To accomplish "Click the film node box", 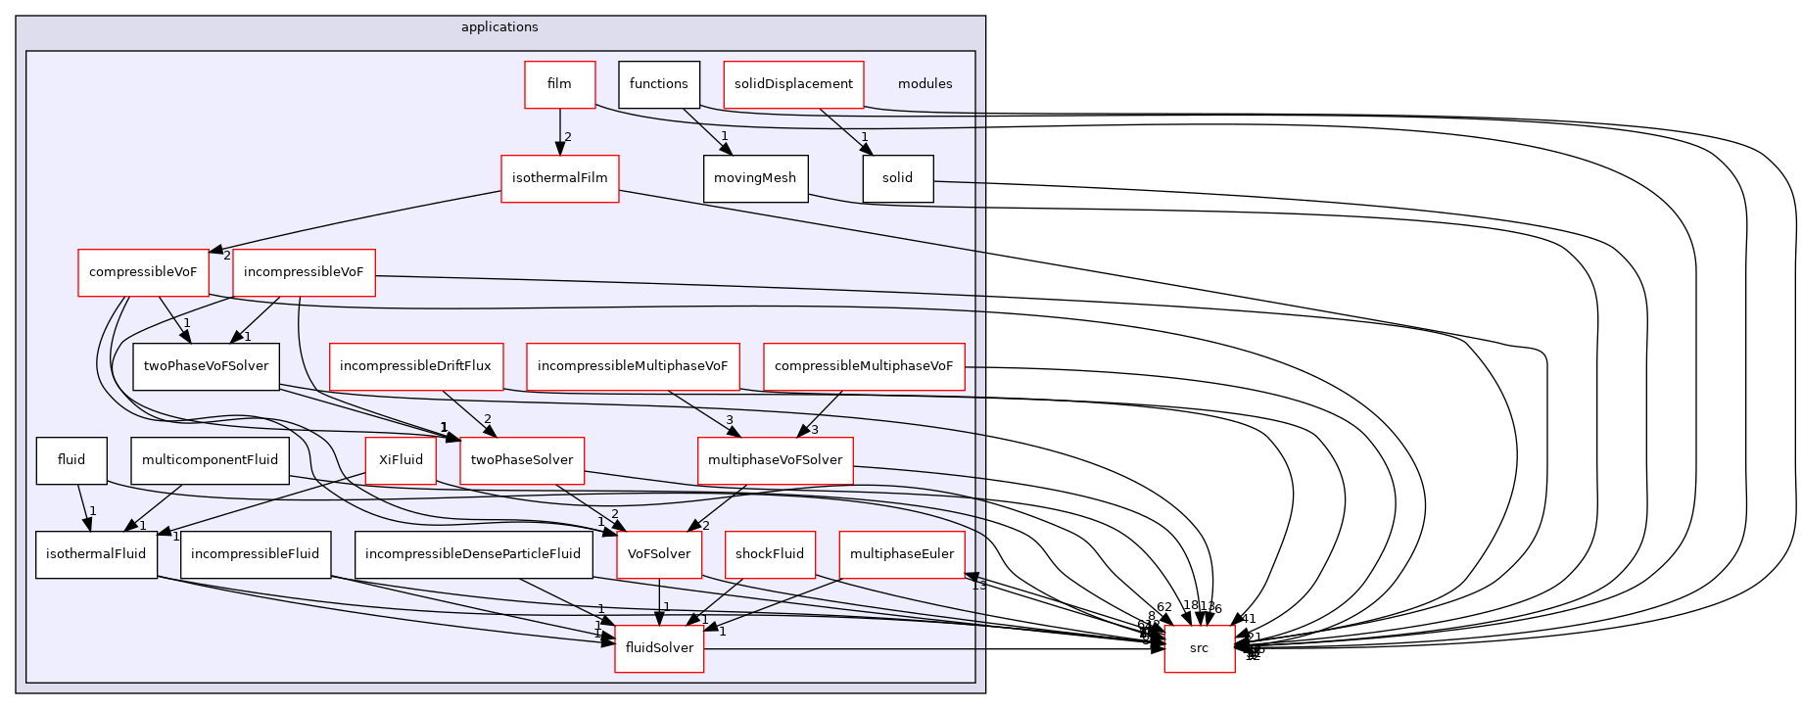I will click(559, 84).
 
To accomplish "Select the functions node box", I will click(658, 84).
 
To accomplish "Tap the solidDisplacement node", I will click(793, 84).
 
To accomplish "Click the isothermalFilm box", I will click(559, 178).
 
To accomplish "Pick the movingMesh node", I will click(755, 178).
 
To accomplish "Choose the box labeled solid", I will click(897, 178).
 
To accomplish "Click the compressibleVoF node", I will click(143, 272).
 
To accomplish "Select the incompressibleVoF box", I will click(304, 272).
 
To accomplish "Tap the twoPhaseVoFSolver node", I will click(206, 366).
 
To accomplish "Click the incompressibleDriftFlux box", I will click(416, 366).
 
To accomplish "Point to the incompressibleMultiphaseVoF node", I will click(633, 366).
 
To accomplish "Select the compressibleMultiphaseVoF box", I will click(864, 366).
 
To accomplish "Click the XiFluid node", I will click(401, 460).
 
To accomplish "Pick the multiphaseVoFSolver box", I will click(775, 460).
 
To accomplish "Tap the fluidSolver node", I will click(659, 648).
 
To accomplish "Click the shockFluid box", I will click(770, 554).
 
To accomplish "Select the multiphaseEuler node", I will click(902, 554).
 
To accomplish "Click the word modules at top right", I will click(925, 84).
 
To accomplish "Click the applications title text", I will click(499, 27).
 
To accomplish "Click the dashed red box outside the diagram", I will click(1199, 648).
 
